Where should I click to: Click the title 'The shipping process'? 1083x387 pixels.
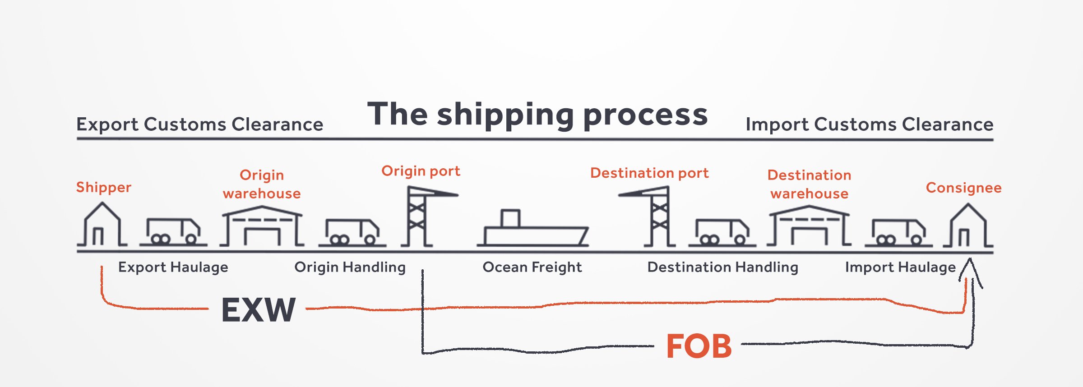(537, 115)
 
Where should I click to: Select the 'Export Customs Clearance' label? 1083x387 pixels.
(199, 124)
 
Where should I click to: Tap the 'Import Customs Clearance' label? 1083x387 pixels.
(869, 124)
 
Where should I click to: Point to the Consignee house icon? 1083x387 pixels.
(968, 226)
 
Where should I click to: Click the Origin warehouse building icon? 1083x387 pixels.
(262, 226)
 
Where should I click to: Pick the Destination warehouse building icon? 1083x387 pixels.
(809, 226)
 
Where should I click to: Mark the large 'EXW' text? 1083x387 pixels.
(258, 310)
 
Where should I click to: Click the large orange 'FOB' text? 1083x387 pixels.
(699, 346)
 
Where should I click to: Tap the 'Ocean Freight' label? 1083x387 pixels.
(532, 267)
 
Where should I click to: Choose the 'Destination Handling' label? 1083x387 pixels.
(722, 267)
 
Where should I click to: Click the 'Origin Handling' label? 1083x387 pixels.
(350, 267)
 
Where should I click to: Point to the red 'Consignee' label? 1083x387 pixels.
(963, 188)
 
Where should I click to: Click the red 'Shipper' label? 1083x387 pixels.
(103, 187)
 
